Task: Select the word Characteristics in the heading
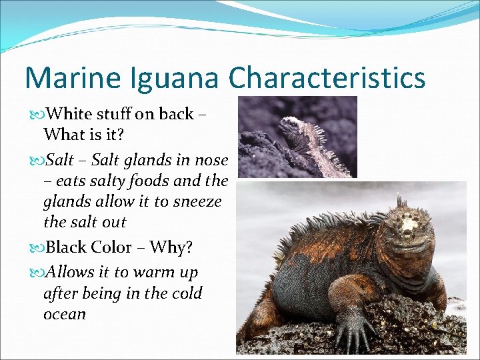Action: [x=326, y=78]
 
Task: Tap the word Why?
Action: [x=171, y=247]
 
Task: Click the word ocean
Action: [x=65, y=314]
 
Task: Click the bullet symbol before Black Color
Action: [x=37, y=247]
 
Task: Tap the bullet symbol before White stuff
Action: [x=37, y=114]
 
